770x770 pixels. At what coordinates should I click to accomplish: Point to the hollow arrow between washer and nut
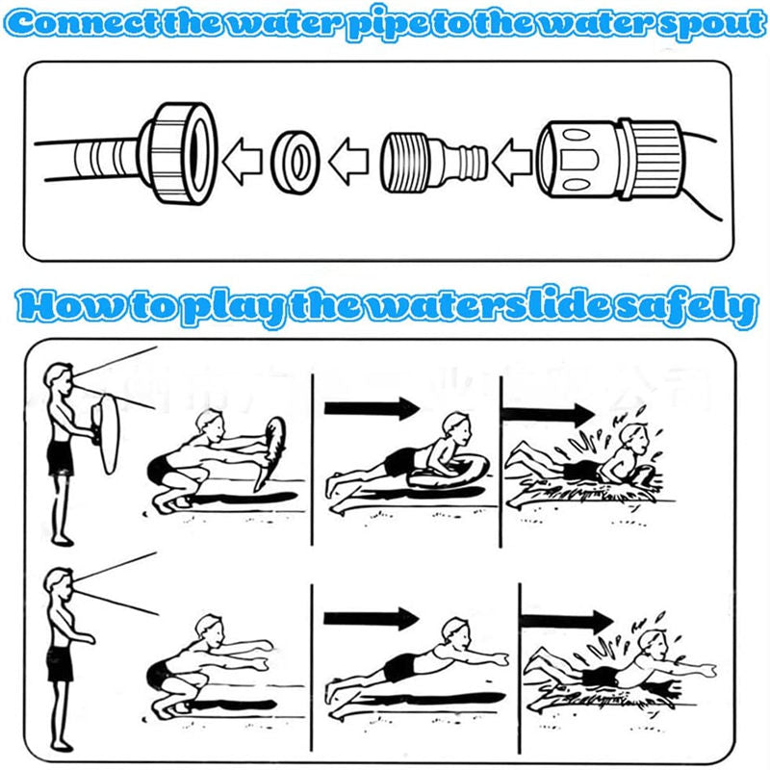click(x=243, y=161)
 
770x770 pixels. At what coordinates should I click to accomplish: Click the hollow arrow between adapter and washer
click(x=348, y=161)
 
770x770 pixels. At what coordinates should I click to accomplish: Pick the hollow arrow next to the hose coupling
click(x=512, y=161)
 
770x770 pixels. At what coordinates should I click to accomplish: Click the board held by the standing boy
click(x=109, y=434)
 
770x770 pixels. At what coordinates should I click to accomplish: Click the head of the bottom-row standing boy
click(x=59, y=582)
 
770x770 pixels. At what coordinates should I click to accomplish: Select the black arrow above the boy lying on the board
click(x=372, y=408)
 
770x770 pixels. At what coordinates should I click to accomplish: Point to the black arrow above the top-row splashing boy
click(x=548, y=415)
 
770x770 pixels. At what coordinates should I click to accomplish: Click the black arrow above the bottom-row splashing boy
click(x=567, y=621)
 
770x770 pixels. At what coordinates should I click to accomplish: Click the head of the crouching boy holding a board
click(x=209, y=424)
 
